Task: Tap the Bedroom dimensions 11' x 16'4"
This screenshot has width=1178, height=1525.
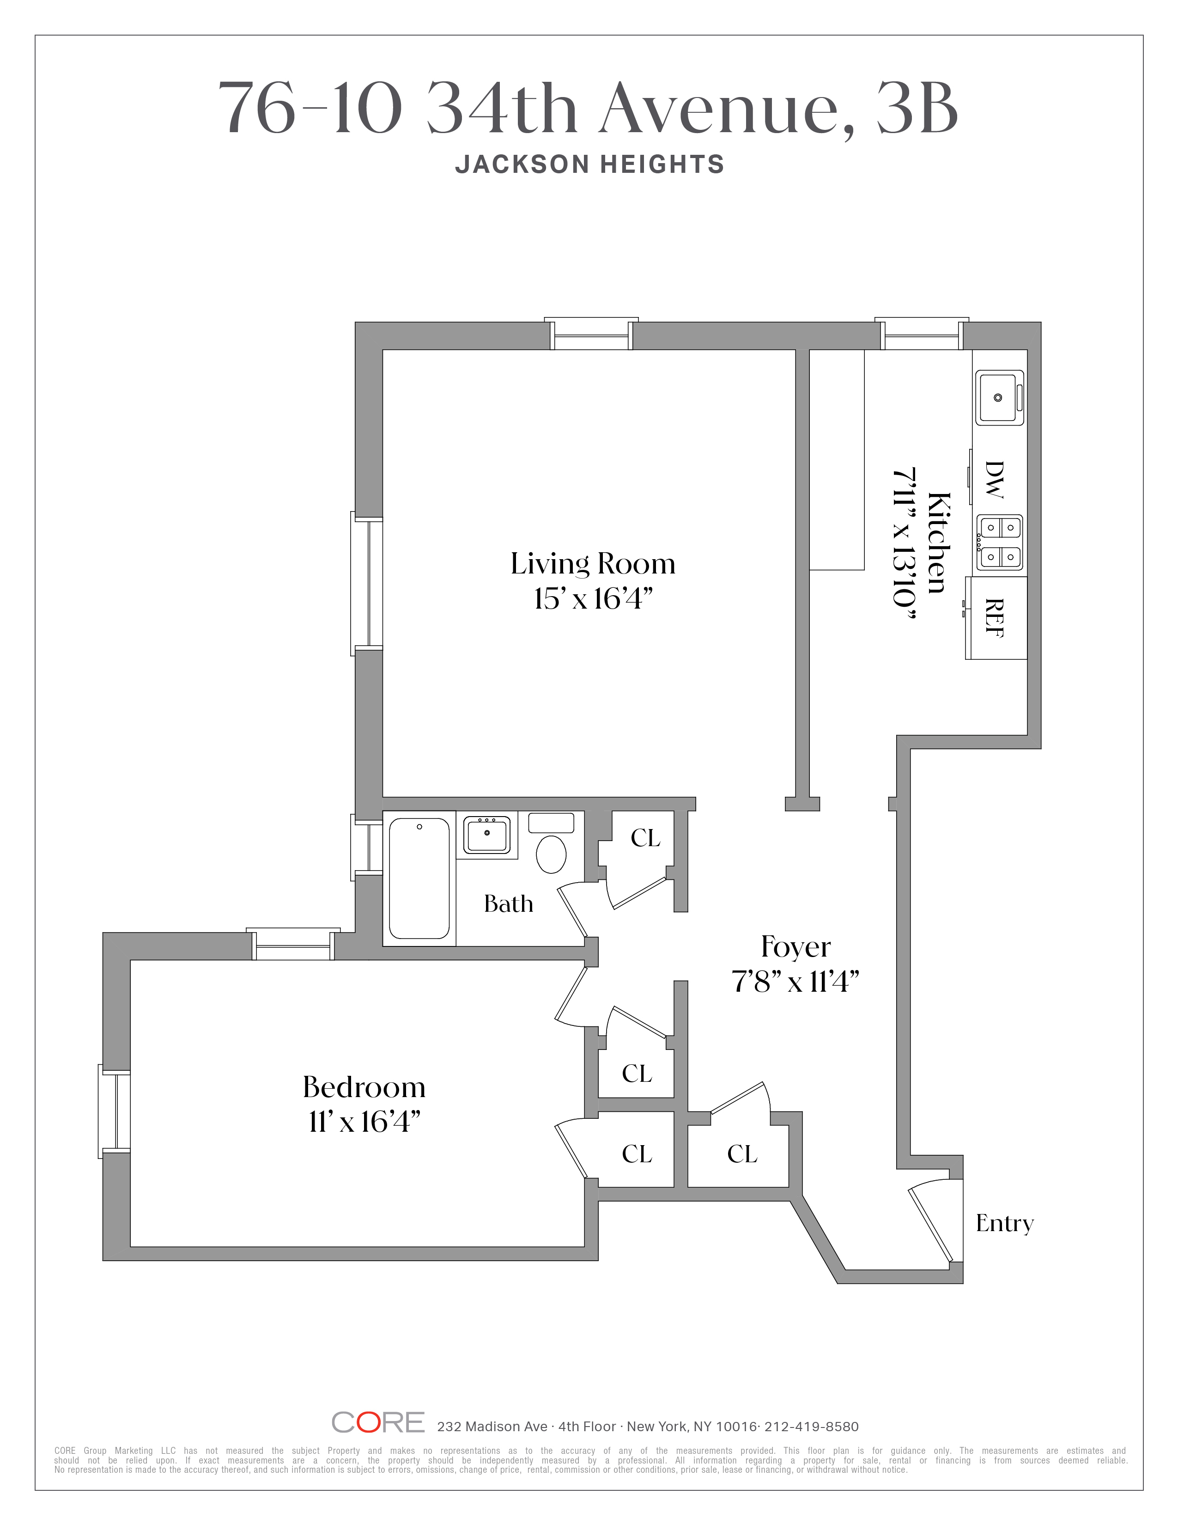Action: pyautogui.click(x=364, y=1122)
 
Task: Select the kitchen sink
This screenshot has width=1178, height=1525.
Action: pyautogui.click(x=999, y=397)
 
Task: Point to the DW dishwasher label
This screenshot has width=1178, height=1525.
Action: pyautogui.click(x=994, y=480)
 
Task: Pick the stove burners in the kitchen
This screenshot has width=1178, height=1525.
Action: pyautogui.click(x=999, y=543)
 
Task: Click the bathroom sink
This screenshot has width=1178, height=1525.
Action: pyautogui.click(x=487, y=835)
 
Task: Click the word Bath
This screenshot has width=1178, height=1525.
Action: pyautogui.click(x=508, y=904)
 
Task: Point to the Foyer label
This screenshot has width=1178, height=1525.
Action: pyautogui.click(x=795, y=947)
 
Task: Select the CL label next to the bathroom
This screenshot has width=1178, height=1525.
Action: pyautogui.click(x=645, y=838)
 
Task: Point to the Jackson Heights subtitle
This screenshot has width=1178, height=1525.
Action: pyautogui.click(x=590, y=165)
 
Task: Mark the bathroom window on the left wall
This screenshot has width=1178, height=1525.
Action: pyautogui.click(x=366, y=848)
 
